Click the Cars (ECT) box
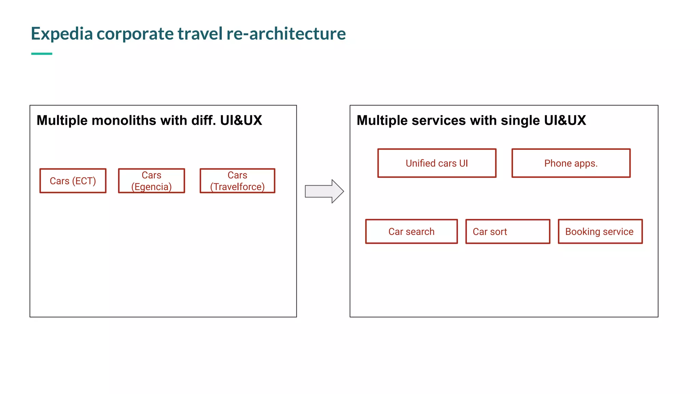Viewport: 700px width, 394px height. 73,181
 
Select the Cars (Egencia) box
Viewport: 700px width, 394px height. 151,181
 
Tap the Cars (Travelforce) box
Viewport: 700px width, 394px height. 237,181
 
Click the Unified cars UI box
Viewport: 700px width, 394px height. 436,163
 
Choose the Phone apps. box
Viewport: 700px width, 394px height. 571,163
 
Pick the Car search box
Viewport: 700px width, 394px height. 411,232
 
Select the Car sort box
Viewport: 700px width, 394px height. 508,232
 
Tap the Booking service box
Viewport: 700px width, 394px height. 600,232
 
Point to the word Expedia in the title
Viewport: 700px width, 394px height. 62,34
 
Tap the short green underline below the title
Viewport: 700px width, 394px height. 42,54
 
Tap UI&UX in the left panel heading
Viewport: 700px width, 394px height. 241,120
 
